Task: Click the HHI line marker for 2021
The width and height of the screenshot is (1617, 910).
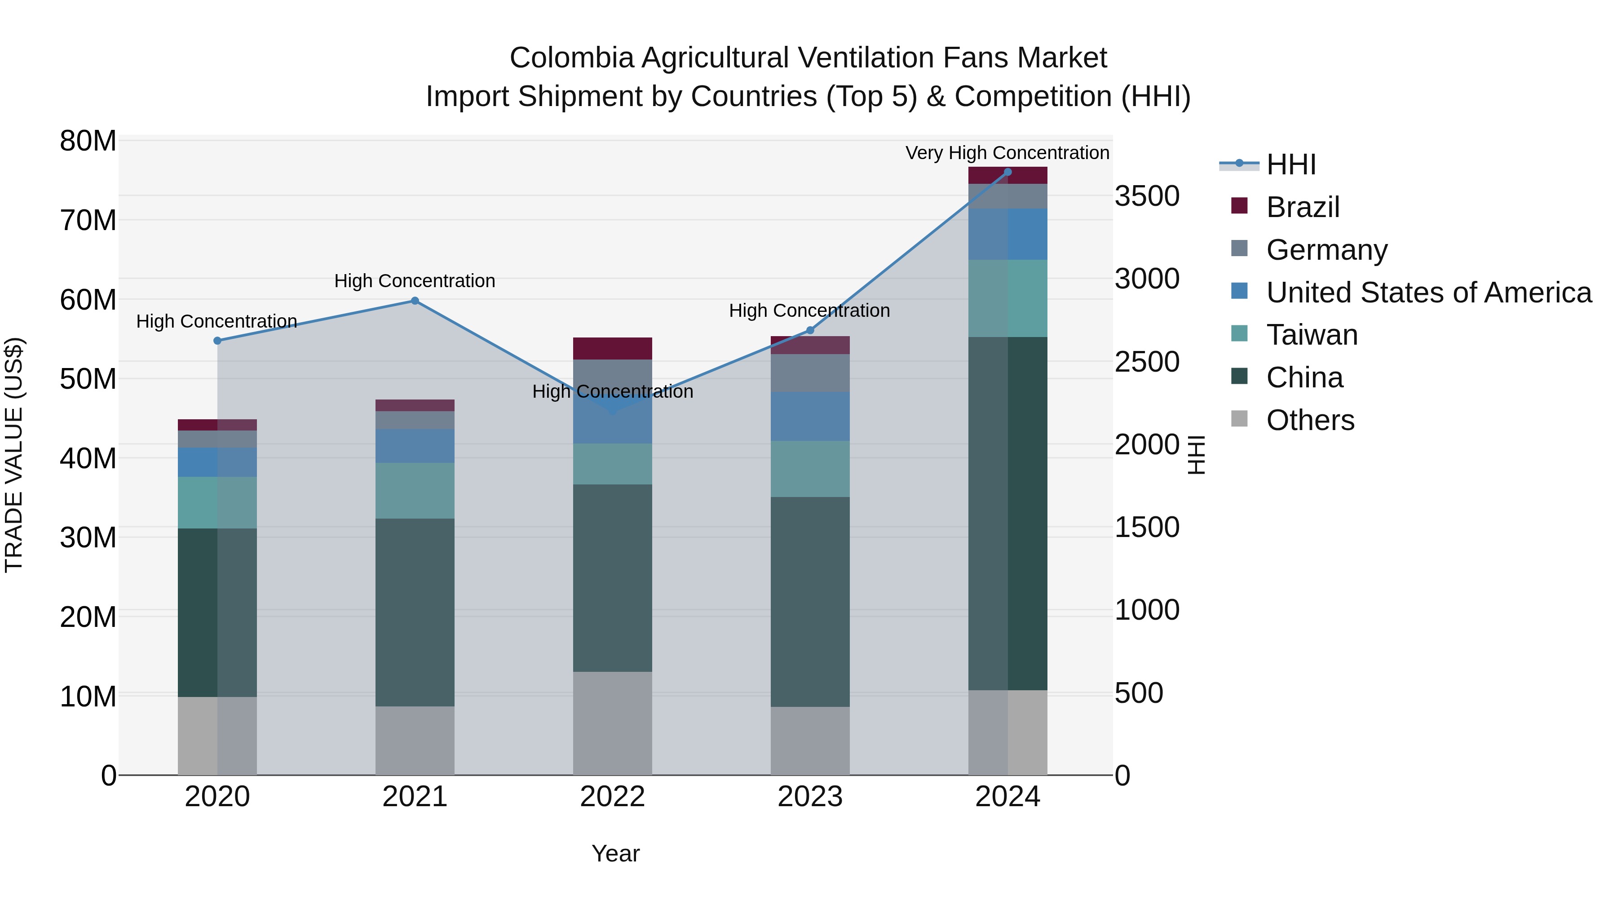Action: pyautogui.click(x=415, y=301)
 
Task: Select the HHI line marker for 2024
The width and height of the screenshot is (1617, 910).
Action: pyautogui.click(x=1007, y=172)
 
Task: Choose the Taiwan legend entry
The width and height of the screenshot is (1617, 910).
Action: pyautogui.click(x=1311, y=335)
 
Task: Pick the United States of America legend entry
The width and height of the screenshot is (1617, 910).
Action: pyautogui.click(x=1428, y=293)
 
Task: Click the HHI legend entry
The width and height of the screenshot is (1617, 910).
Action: pyautogui.click(x=1290, y=164)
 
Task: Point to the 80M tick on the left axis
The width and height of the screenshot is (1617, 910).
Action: pyautogui.click(x=88, y=141)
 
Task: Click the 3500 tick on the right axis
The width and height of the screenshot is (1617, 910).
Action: pyautogui.click(x=1147, y=196)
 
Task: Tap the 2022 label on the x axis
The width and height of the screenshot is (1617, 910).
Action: pyautogui.click(x=612, y=797)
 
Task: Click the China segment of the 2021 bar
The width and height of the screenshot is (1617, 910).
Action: pyautogui.click(x=415, y=613)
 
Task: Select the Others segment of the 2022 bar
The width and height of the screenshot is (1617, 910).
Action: pyautogui.click(x=612, y=723)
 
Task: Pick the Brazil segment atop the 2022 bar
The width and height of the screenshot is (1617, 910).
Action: pyautogui.click(x=612, y=349)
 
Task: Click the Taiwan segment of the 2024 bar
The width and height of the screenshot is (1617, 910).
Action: pyautogui.click(x=1007, y=298)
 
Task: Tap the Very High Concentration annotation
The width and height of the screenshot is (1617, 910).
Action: pyautogui.click(x=1007, y=153)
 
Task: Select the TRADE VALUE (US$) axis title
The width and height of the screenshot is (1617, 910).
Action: pyautogui.click(x=14, y=455)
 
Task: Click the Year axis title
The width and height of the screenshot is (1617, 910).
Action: pyautogui.click(x=615, y=853)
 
